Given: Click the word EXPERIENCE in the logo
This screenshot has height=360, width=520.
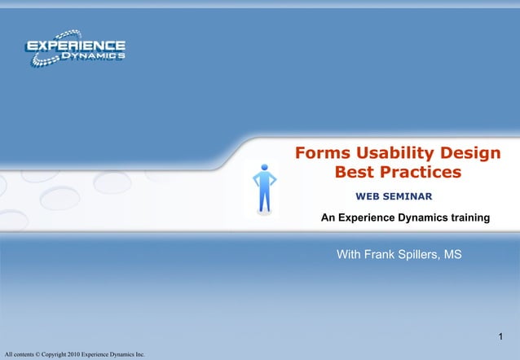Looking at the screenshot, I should [x=76, y=46].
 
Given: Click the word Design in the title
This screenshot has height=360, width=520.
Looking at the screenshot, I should [x=470, y=153].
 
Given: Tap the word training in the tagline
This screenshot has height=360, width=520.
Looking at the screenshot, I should [x=465, y=218].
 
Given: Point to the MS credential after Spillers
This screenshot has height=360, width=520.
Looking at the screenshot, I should [x=454, y=256].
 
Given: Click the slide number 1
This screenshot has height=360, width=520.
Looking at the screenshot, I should [x=501, y=337].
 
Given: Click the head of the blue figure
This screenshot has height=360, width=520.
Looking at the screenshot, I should [x=264, y=168].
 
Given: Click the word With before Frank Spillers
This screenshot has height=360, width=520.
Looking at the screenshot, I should [x=350, y=256].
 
